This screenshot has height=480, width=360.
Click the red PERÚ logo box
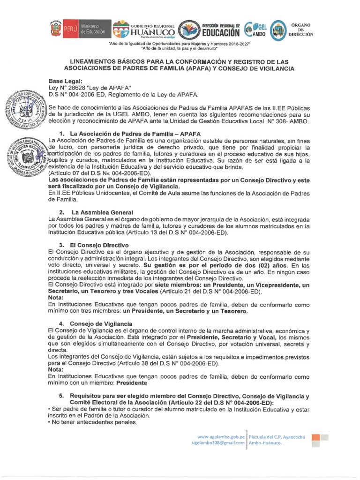coord(70,29)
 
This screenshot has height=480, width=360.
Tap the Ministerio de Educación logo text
coord(95,29)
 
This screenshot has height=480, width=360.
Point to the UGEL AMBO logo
coord(256,30)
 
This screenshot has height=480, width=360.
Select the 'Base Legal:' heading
coord(66,81)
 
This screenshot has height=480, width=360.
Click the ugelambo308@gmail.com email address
coord(218,443)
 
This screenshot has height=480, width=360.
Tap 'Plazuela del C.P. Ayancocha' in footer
coord(277,437)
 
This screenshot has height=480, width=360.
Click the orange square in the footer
coord(316,437)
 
